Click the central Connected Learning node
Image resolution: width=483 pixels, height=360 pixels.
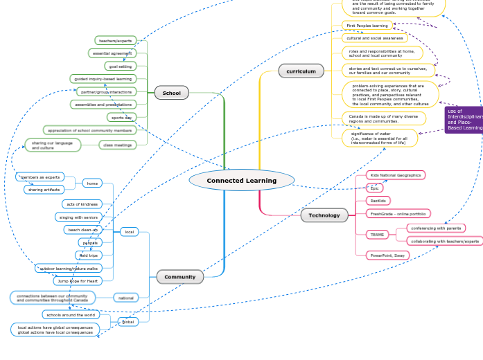coord(241,181)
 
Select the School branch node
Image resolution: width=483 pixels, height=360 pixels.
coord(171,93)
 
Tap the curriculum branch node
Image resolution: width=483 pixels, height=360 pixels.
coord(301,71)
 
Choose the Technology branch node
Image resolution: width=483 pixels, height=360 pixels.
coord(324,215)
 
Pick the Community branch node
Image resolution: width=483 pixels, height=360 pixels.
coord(179,277)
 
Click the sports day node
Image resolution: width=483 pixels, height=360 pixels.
coord(121,118)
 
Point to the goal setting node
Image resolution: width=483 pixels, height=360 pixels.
coord(120,66)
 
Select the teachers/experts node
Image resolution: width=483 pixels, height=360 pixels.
coord(115,41)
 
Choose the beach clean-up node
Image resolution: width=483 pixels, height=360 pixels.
coord(82,229)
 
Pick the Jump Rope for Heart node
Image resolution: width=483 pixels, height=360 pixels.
coord(78,281)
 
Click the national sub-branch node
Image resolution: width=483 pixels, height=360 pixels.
coord(126,298)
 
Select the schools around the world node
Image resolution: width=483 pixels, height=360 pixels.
coord(69,314)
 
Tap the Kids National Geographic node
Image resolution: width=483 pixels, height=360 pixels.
coord(395,175)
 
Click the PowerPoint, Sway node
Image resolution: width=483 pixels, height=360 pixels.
coord(387,255)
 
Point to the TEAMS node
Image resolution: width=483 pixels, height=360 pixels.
coord(377,235)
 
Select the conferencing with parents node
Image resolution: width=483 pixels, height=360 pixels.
coord(435,228)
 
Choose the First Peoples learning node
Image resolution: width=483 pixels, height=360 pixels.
coord(367,26)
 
